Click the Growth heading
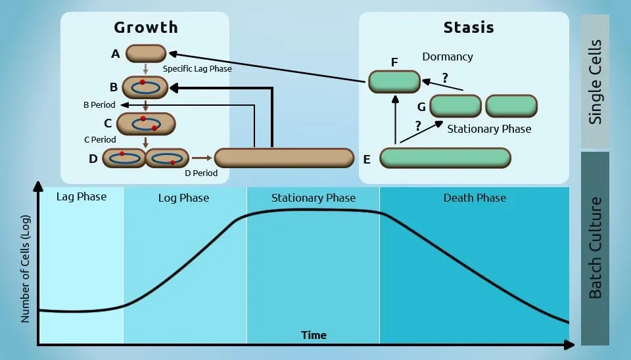[x=146, y=28]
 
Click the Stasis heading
[x=469, y=28]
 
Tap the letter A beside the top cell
[x=116, y=55]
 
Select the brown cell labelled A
[x=146, y=54]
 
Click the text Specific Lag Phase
[x=197, y=68]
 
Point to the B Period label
[x=99, y=104]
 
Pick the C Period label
[x=100, y=139]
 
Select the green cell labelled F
[x=394, y=81]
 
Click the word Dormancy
[x=448, y=56]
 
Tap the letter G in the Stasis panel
[x=421, y=106]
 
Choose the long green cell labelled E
[x=445, y=158]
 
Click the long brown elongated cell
[x=284, y=158]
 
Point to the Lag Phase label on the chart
[x=81, y=196]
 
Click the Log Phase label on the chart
[x=183, y=198]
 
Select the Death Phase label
[x=475, y=197]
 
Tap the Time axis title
[x=314, y=335]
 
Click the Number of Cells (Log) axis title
[x=26, y=268]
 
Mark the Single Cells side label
[x=596, y=82]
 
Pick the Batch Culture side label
[x=596, y=248]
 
